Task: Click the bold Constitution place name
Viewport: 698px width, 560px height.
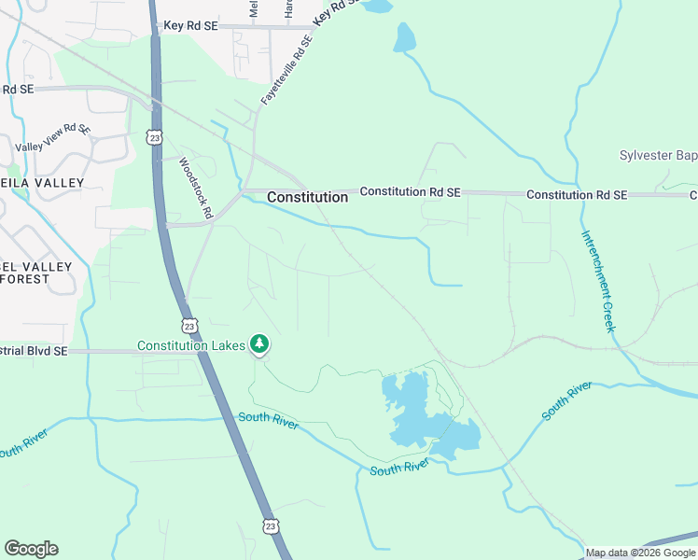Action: pos(307,197)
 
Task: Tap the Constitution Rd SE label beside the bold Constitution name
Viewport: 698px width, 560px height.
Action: pos(411,191)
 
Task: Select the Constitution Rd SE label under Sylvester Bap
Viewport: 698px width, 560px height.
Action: pos(577,195)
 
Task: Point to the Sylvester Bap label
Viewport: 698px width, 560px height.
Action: pos(658,155)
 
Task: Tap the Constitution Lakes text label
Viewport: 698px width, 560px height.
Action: pos(191,345)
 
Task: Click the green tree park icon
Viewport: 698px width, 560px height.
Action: pos(259,345)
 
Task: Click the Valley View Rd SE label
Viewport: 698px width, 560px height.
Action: pos(53,139)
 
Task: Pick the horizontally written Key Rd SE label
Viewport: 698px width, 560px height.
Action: pos(189,27)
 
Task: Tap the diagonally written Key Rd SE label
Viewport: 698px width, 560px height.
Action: pos(335,12)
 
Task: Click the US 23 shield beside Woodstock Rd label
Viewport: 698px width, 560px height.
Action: pos(154,137)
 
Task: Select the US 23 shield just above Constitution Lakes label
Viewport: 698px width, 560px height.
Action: pos(189,326)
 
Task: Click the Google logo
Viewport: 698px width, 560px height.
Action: pos(31,549)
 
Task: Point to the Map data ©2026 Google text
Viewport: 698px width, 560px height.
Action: pos(640,553)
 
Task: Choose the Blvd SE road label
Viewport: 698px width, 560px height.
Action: pos(34,351)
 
